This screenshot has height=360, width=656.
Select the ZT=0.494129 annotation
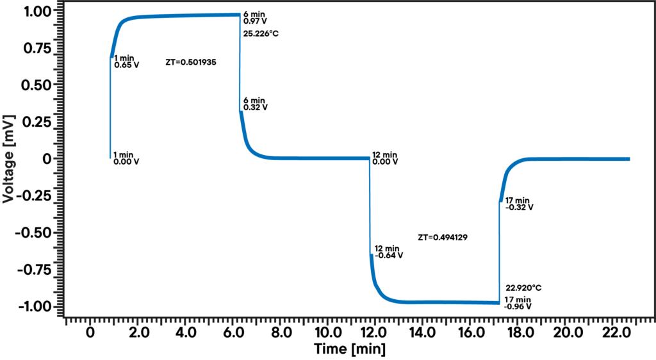point(443,237)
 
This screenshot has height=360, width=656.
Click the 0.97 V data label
point(255,22)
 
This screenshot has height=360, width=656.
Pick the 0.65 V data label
point(126,65)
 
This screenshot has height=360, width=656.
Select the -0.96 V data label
point(518,307)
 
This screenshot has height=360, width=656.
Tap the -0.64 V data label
point(389,255)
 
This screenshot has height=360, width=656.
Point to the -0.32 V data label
point(520,207)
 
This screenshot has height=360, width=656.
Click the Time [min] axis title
point(350,349)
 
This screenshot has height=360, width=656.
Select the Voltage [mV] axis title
point(9,159)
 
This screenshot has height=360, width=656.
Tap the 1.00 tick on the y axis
point(37,12)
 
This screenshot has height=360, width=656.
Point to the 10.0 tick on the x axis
point(329,333)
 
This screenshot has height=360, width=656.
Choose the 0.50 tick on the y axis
point(37,85)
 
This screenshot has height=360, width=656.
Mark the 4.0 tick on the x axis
point(186,333)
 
